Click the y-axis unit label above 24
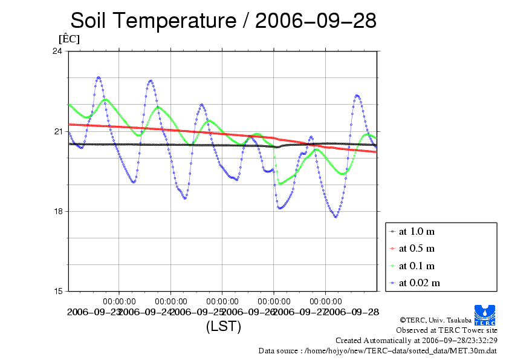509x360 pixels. (68, 39)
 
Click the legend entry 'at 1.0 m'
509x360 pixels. (417, 231)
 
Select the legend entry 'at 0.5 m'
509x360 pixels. (417, 248)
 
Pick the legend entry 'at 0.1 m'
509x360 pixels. (417, 266)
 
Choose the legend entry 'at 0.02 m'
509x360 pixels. (419, 283)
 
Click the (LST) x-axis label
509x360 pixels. (223, 327)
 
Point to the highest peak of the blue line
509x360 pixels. (99, 77)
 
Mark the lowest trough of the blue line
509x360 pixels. (336, 217)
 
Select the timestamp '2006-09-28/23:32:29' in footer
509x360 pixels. (455, 340)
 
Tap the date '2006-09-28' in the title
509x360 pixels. (316, 21)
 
